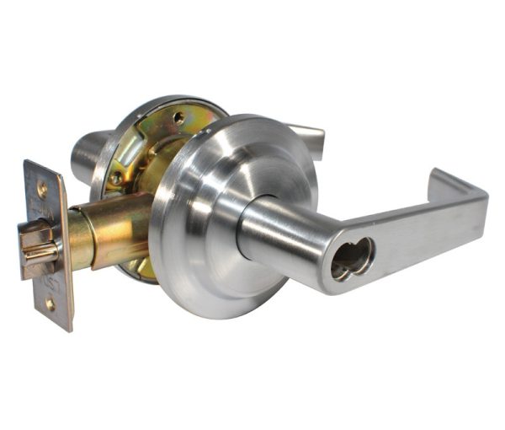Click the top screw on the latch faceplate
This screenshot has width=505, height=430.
(x=42, y=191)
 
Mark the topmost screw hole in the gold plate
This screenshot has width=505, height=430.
(x=178, y=118)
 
